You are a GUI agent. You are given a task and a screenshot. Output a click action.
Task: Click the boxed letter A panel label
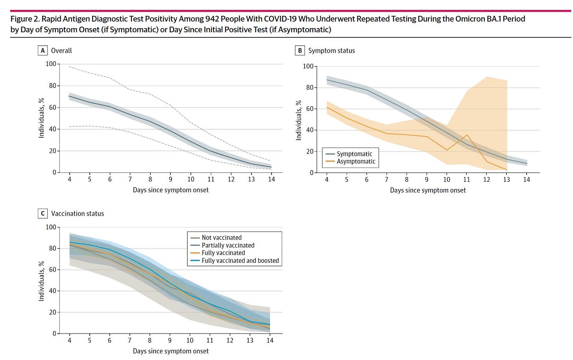[43, 50]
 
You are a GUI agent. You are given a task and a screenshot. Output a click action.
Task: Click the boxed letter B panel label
[300, 50]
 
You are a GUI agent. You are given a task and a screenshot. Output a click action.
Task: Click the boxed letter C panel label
[43, 213]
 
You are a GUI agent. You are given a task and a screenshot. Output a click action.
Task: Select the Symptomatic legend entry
[349, 154]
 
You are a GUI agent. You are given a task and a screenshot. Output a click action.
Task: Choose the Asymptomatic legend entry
[350, 161]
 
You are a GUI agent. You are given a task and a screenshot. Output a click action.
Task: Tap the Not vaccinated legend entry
[216, 238]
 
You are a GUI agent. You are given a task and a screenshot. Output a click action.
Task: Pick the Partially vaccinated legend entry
[223, 245]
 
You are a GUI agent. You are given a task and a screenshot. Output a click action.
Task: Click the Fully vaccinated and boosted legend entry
[235, 260]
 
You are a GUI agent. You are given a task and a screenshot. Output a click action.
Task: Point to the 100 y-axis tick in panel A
[51, 64]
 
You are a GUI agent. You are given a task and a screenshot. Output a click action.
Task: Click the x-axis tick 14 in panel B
[527, 179]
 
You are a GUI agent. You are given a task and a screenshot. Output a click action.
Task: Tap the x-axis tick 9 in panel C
[170, 340]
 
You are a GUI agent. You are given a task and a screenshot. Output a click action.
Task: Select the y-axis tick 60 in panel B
[309, 109]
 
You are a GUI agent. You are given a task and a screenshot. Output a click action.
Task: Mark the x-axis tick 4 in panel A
[69, 179]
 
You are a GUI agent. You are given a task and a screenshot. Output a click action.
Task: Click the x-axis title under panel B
[428, 190]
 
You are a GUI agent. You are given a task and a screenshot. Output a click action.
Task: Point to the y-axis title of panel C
[41, 281]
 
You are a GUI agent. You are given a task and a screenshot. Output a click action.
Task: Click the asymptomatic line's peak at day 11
[467, 135]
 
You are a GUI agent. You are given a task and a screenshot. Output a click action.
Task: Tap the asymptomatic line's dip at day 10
[447, 150]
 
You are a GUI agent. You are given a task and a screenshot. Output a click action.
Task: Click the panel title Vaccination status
[78, 214]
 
